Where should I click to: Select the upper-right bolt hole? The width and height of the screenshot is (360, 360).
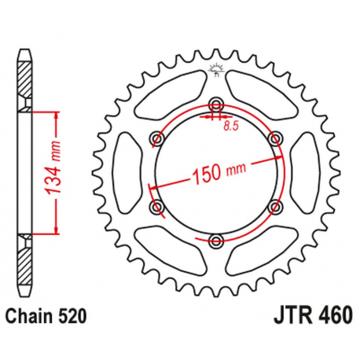click(x=274, y=138)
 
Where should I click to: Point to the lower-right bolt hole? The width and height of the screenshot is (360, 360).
click(x=274, y=205)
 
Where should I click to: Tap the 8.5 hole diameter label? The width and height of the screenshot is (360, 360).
click(x=229, y=124)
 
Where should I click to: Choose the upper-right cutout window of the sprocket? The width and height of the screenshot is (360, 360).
click(x=259, y=90)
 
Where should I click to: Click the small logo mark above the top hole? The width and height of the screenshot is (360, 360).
click(x=215, y=75)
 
